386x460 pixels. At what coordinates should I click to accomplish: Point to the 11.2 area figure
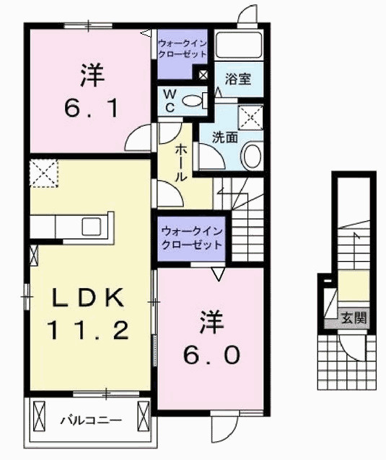pyautogui.click(x=89, y=330)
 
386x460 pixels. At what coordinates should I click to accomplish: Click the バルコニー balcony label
pyautogui.click(x=90, y=419)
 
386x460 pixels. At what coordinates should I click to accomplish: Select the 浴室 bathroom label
pyautogui.click(x=238, y=79)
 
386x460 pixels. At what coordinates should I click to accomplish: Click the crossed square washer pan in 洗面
pyautogui.click(x=251, y=116)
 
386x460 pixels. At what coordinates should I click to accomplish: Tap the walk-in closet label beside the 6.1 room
pyautogui.click(x=183, y=49)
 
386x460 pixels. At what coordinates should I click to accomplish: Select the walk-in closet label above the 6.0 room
pyautogui.click(x=191, y=238)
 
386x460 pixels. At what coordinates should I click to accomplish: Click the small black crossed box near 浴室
pyautogui.click(x=202, y=74)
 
